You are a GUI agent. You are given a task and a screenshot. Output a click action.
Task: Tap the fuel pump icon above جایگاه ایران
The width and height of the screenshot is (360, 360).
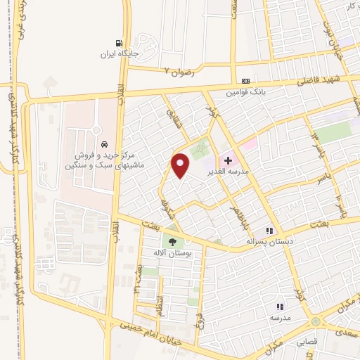click(117, 41)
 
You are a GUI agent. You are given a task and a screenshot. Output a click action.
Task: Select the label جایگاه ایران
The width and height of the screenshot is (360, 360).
click(117, 53)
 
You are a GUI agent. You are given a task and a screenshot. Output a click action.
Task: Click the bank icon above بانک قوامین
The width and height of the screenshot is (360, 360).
click(245, 81)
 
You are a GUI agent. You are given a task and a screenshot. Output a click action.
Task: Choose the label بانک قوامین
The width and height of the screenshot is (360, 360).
click(245, 92)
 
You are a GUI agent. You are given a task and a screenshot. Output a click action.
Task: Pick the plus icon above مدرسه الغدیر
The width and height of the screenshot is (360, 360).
click(228, 160)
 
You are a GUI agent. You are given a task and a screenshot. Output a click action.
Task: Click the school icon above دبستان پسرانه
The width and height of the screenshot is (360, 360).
click(268, 231)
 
